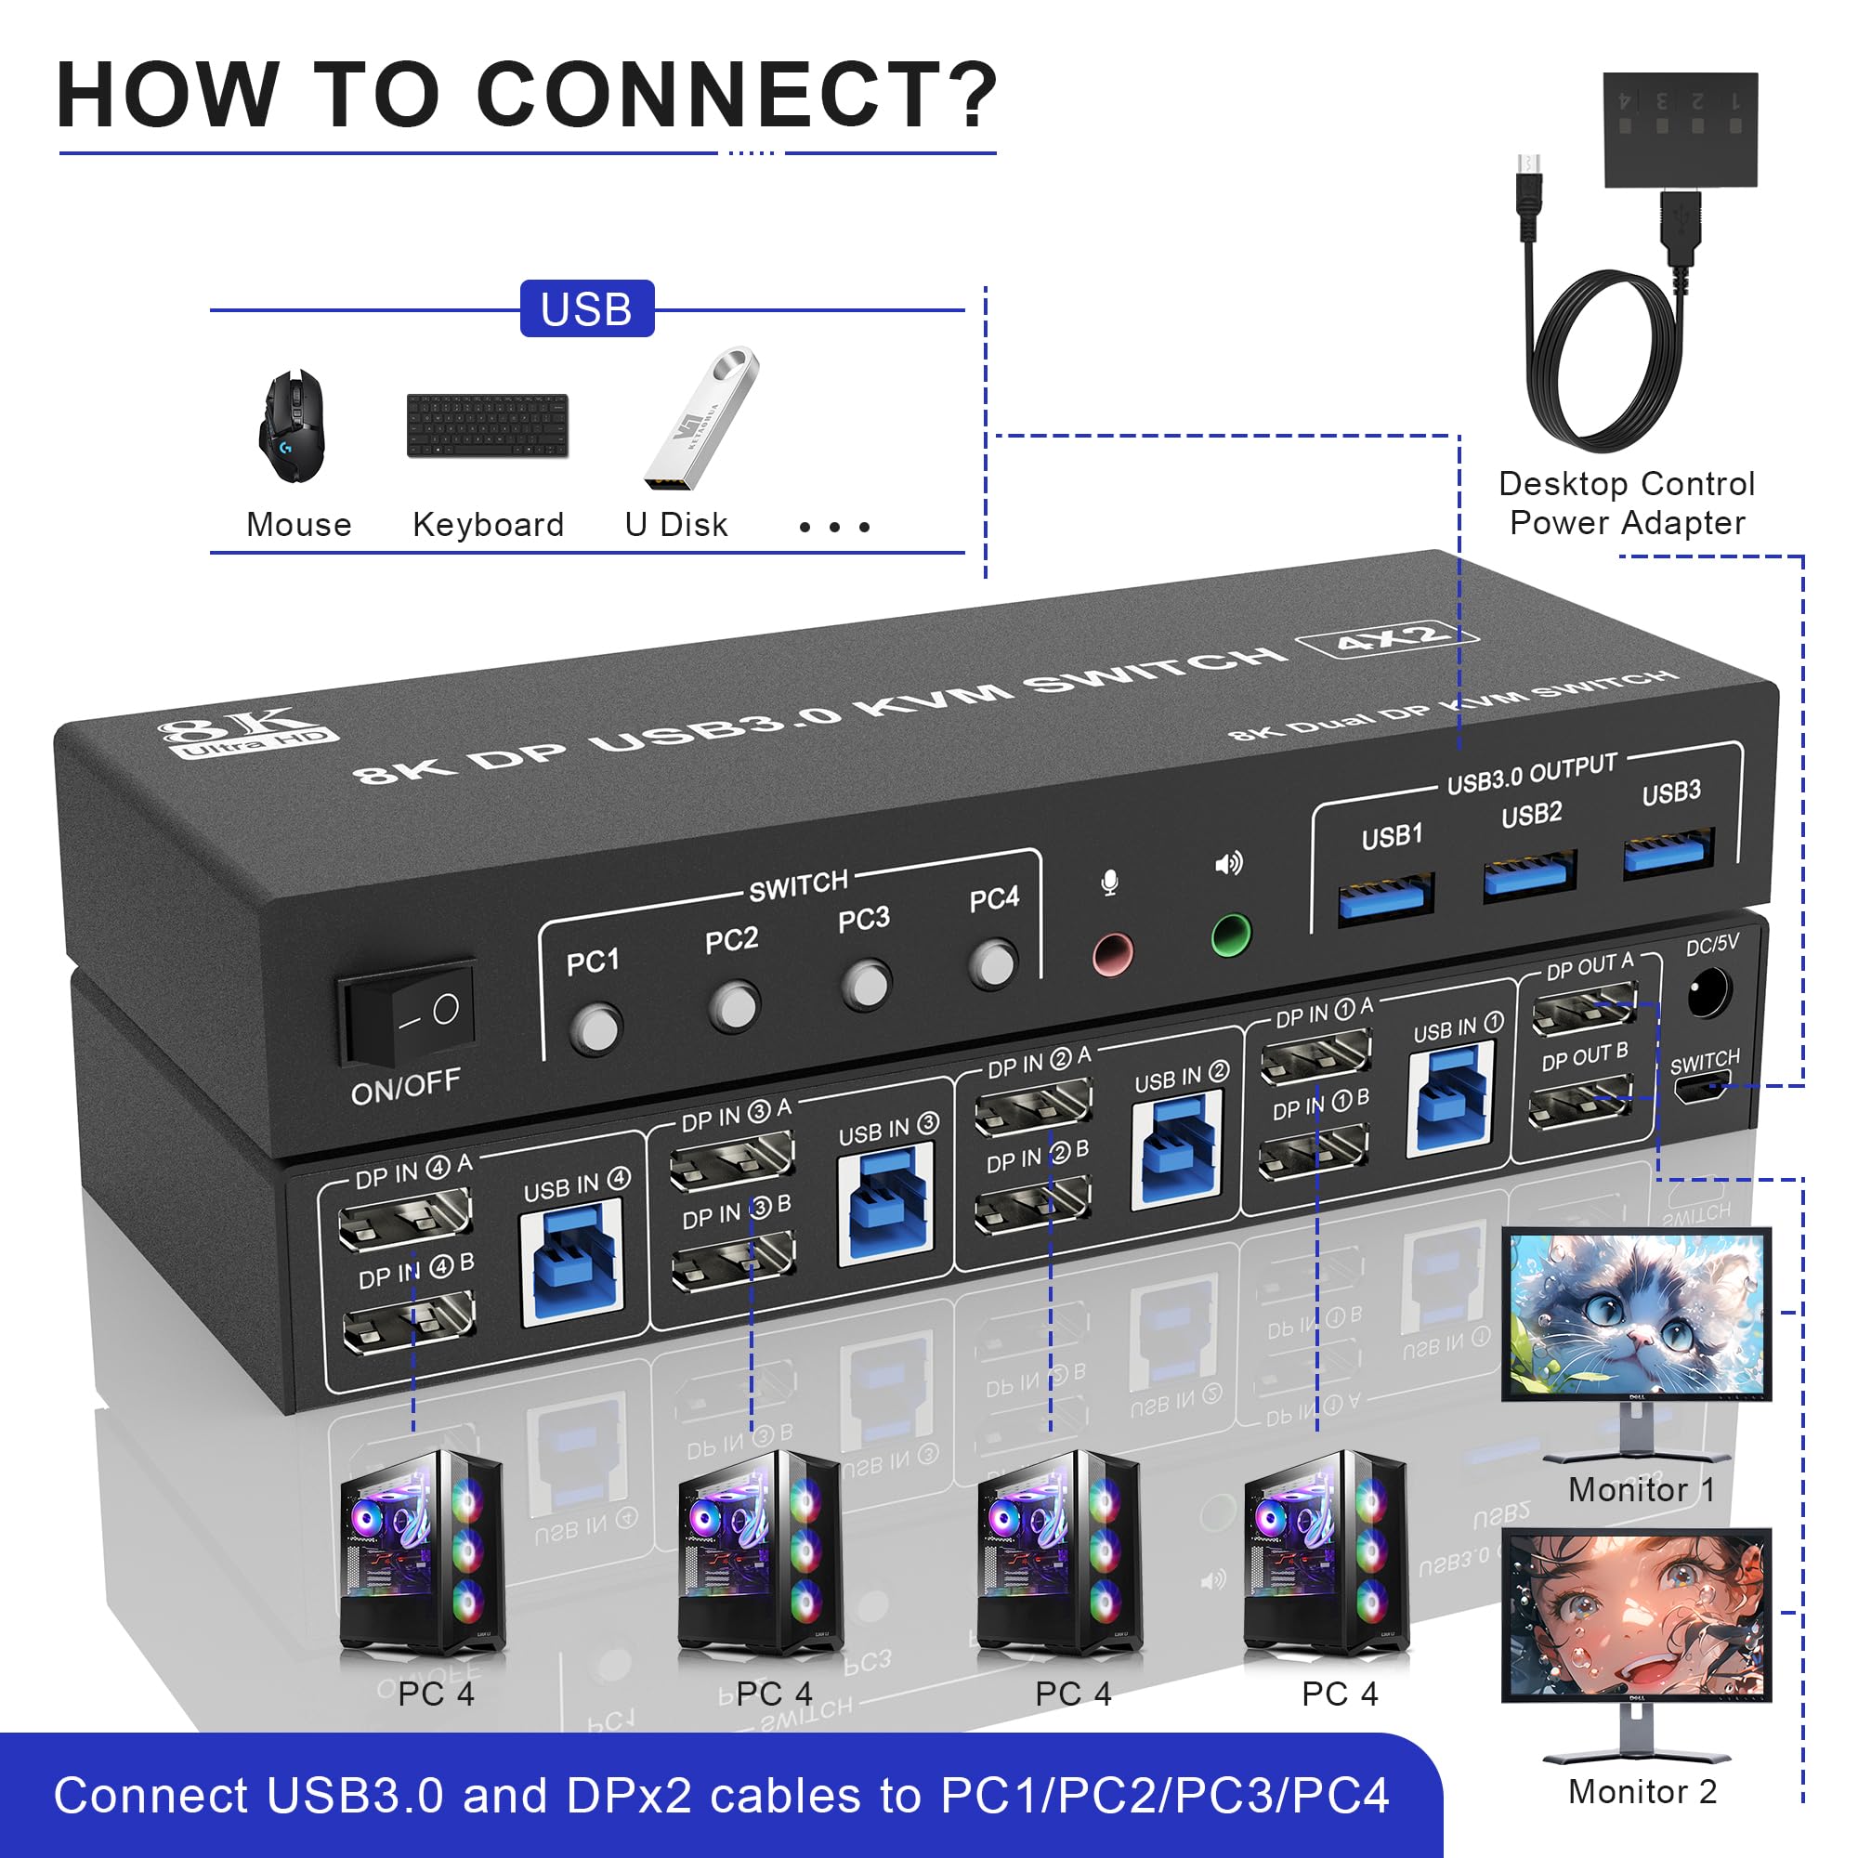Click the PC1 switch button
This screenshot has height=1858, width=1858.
(595, 1028)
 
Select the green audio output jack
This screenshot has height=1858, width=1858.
(1230, 935)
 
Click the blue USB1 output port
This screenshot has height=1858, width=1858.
(1386, 898)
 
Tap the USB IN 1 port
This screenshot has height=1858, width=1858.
(1448, 1099)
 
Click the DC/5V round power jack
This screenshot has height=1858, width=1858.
(1709, 992)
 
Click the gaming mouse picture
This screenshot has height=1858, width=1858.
(293, 427)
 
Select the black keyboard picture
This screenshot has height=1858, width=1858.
(488, 425)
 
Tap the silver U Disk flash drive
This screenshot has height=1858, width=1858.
(702, 419)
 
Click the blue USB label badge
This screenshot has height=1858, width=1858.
(586, 308)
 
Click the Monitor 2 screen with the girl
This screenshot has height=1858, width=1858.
(1636, 1616)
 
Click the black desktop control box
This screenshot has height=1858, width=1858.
(1679, 129)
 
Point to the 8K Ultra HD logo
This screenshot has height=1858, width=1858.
(247, 731)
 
